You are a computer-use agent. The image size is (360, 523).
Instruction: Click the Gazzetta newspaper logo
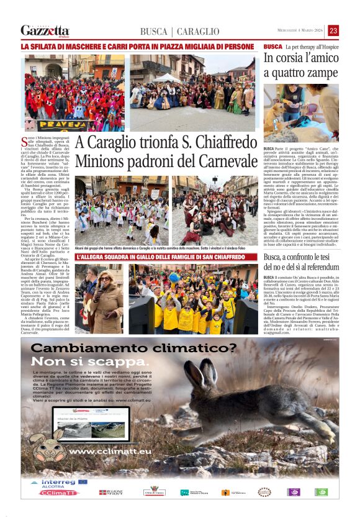[45, 30]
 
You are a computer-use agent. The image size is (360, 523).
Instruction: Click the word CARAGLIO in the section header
[198, 32]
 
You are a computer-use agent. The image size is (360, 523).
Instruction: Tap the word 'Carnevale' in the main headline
[218, 160]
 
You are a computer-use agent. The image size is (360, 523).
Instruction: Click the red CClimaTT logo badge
[59, 492]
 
